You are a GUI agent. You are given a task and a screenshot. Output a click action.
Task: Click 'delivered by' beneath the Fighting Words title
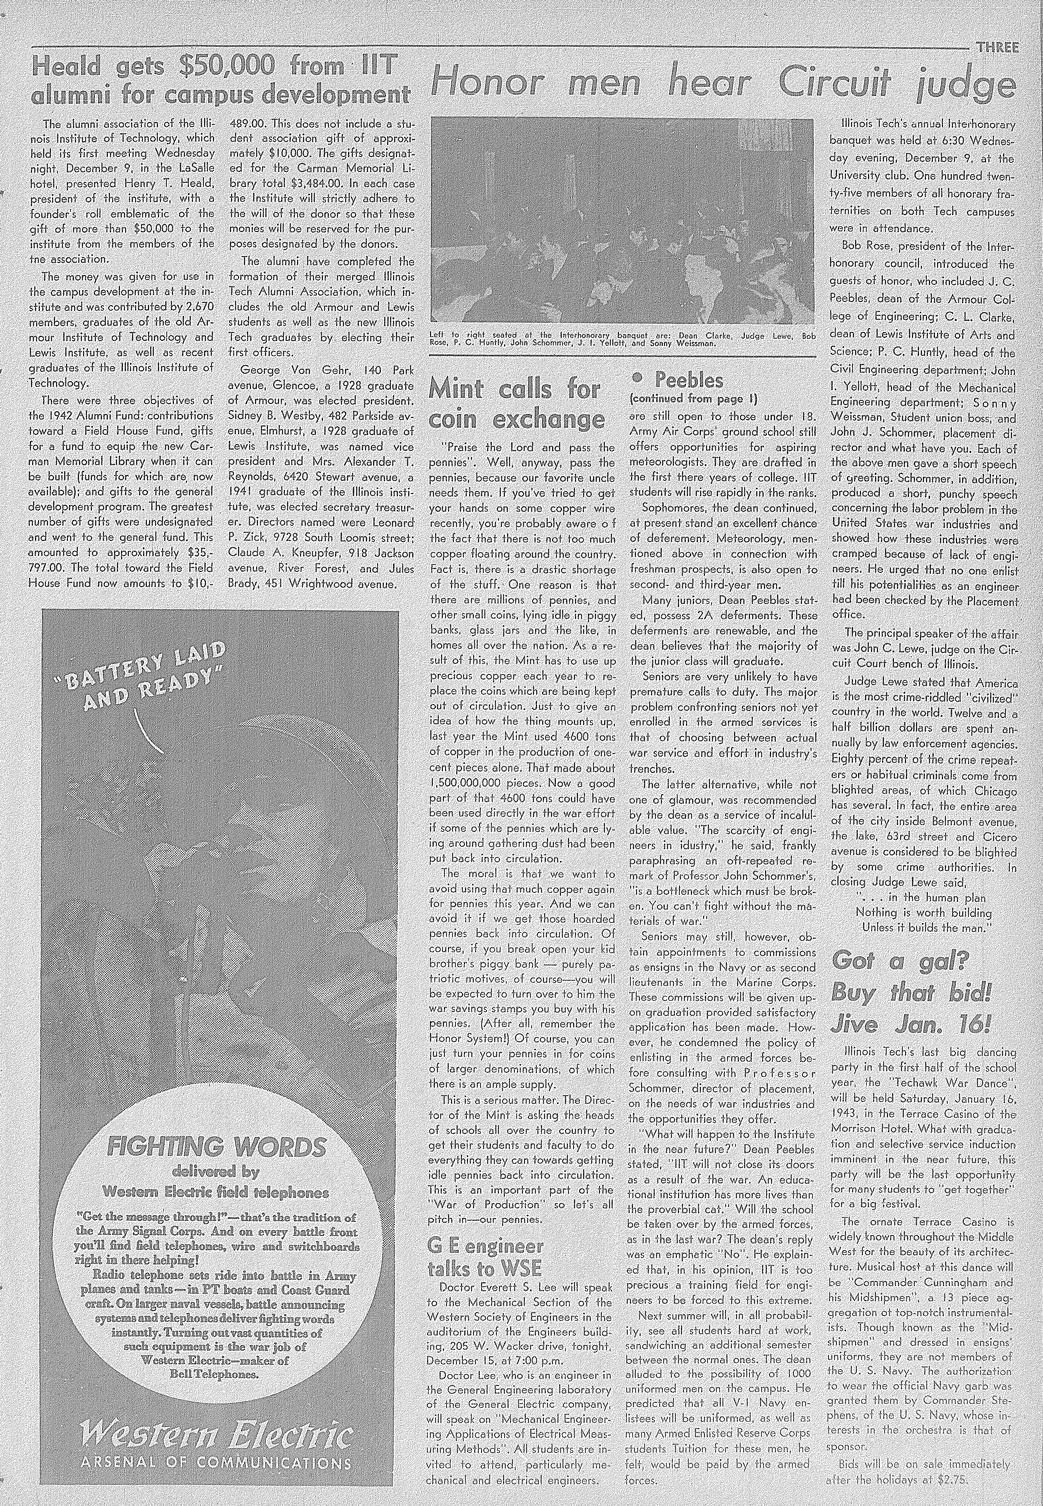tap(215, 1171)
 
